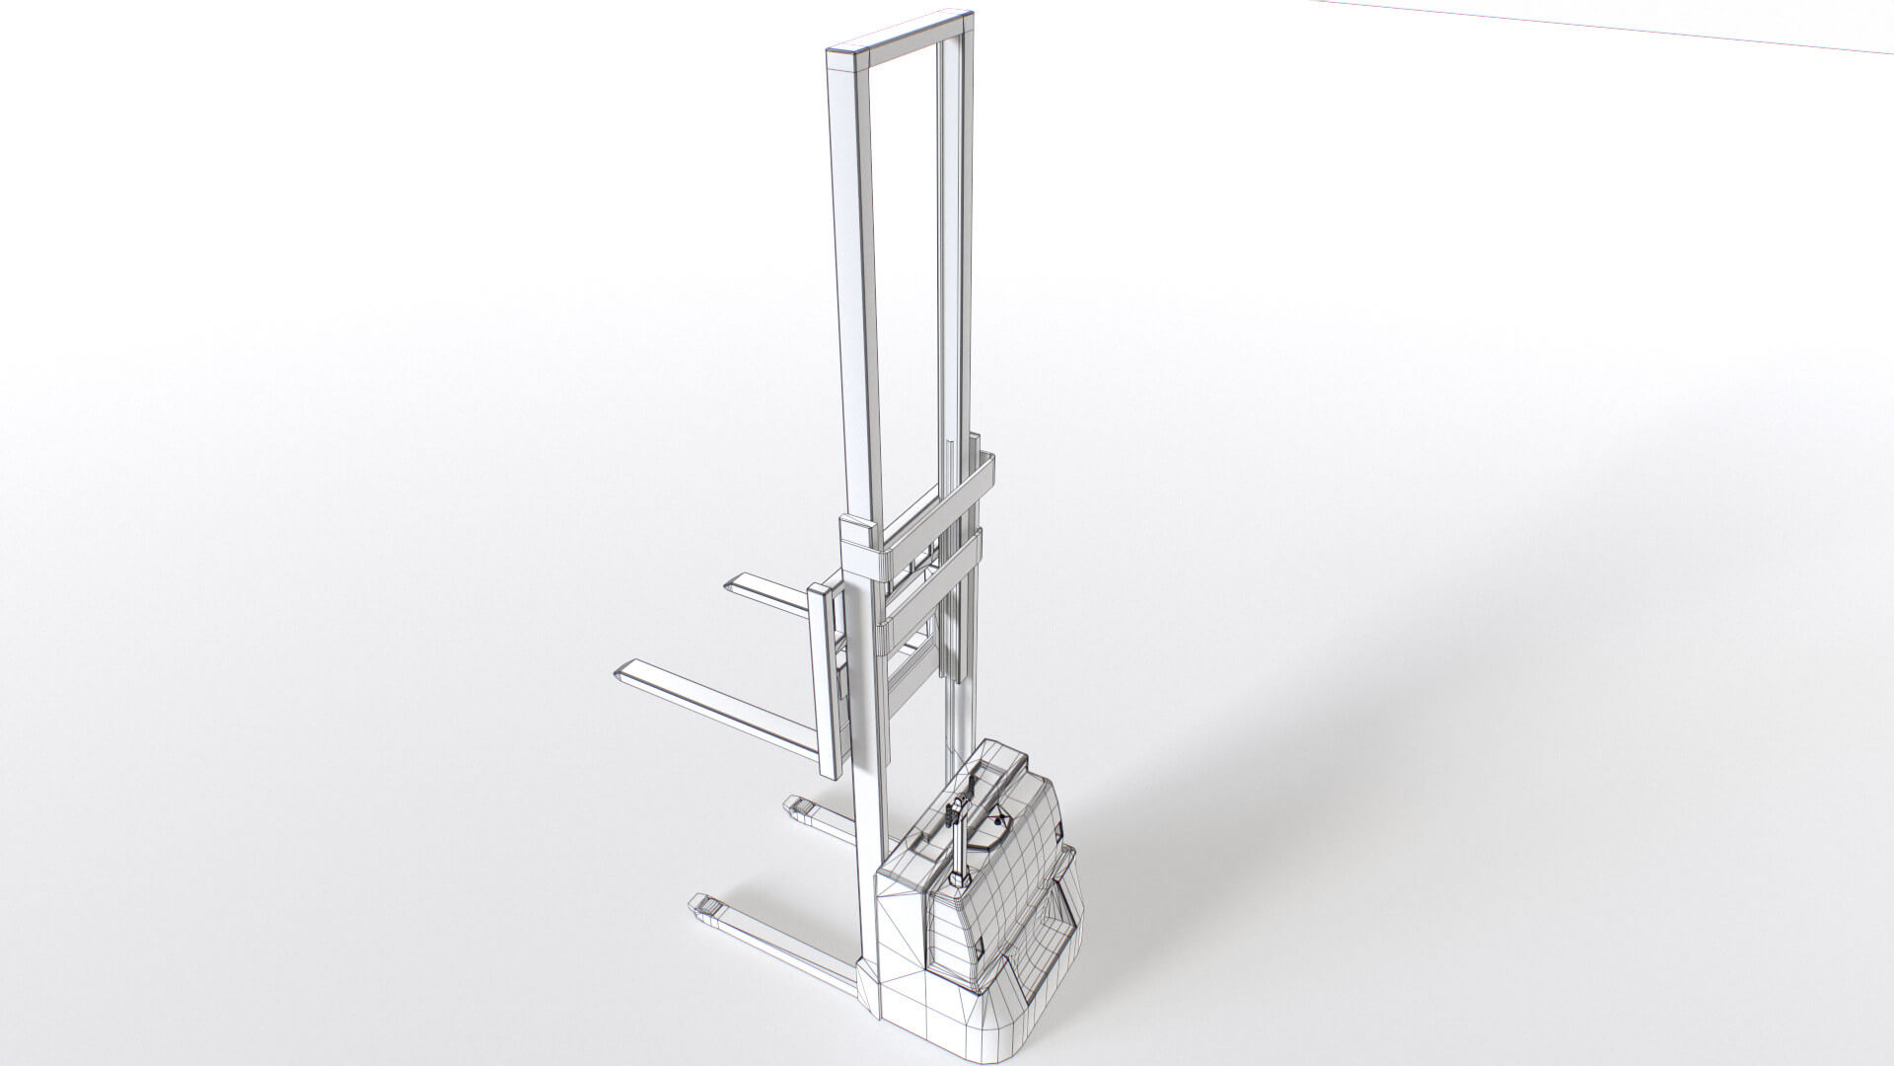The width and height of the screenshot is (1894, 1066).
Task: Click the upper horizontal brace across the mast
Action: tap(937, 502)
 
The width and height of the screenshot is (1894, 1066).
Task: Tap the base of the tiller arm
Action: tap(959, 878)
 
